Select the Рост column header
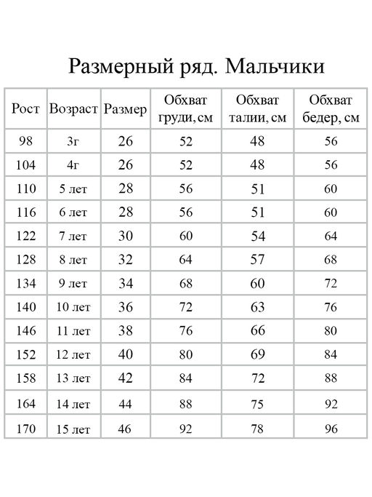(x=25, y=109)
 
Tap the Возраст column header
(x=73, y=109)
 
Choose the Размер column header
(x=126, y=109)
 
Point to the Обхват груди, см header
(x=185, y=109)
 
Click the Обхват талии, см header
(x=257, y=109)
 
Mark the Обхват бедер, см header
(x=331, y=109)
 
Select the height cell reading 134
(x=25, y=283)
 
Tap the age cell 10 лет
(x=73, y=307)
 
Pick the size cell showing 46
(x=126, y=429)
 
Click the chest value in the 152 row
(x=185, y=355)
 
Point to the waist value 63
(x=257, y=307)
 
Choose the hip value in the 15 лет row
(x=331, y=429)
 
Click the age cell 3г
(x=73, y=141)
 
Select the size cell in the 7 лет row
(x=126, y=236)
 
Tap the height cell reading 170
(x=25, y=428)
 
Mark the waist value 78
(x=257, y=429)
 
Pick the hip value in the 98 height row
(x=331, y=141)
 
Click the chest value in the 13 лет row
(x=185, y=378)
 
